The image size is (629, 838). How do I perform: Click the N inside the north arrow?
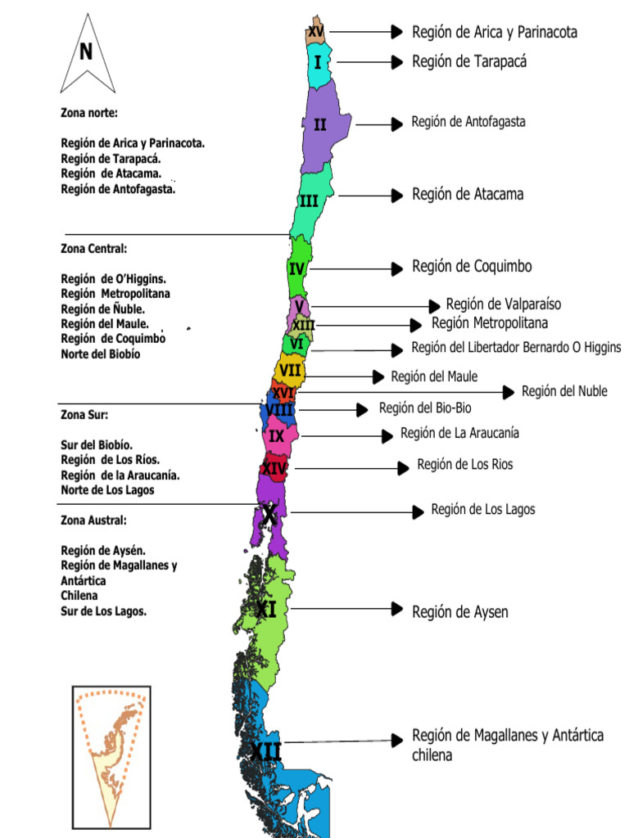pyautogui.click(x=86, y=52)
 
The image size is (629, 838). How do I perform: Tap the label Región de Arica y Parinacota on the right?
pyautogui.click(x=495, y=33)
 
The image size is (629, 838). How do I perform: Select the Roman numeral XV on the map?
pyautogui.click(x=315, y=31)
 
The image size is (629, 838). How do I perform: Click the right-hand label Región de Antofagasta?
pyautogui.click(x=468, y=122)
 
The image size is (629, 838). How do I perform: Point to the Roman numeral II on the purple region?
pyautogui.click(x=320, y=124)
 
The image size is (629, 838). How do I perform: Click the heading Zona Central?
pyautogui.click(x=94, y=248)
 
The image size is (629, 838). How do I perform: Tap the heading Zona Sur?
pyautogui.click(x=84, y=414)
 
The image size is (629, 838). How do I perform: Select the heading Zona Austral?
pyautogui.click(x=93, y=520)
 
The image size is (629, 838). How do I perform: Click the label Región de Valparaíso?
pyautogui.click(x=504, y=304)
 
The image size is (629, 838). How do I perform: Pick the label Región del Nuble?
pyautogui.click(x=564, y=391)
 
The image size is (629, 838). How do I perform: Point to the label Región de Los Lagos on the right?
pyautogui.click(x=483, y=510)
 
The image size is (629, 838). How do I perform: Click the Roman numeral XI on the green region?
pyautogui.click(x=265, y=609)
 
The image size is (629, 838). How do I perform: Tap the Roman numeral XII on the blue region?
pyautogui.click(x=265, y=751)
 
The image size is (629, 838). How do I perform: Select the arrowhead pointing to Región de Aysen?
pyautogui.click(x=398, y=609)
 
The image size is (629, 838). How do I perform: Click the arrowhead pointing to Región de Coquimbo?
pyautogui.click(x=398, y=268)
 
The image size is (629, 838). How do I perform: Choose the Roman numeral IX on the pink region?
pyautogui.click(x=277, y=436)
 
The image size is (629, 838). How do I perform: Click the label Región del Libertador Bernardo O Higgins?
pyautogui.click(x=516, y=348)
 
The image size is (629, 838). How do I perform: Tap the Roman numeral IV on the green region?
pyautogui.click(x=296, y=268)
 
